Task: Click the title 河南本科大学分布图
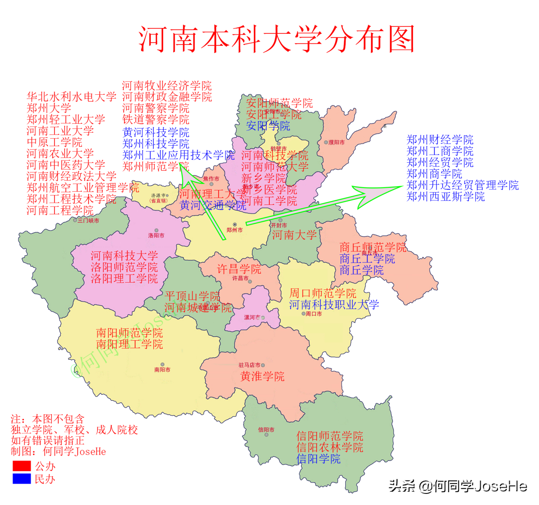277,39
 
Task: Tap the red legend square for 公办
22,466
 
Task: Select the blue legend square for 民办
22,479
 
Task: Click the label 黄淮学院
262,377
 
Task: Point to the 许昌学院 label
239,269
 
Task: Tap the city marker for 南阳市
162,365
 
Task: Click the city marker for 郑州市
234,225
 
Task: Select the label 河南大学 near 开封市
294,235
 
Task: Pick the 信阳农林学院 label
330,447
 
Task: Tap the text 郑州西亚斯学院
445,197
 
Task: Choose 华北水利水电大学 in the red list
71,97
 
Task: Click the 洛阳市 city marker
156,231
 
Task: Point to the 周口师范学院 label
323,293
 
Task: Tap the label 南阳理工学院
129,344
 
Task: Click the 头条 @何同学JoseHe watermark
458,486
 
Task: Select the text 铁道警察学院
156,120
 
